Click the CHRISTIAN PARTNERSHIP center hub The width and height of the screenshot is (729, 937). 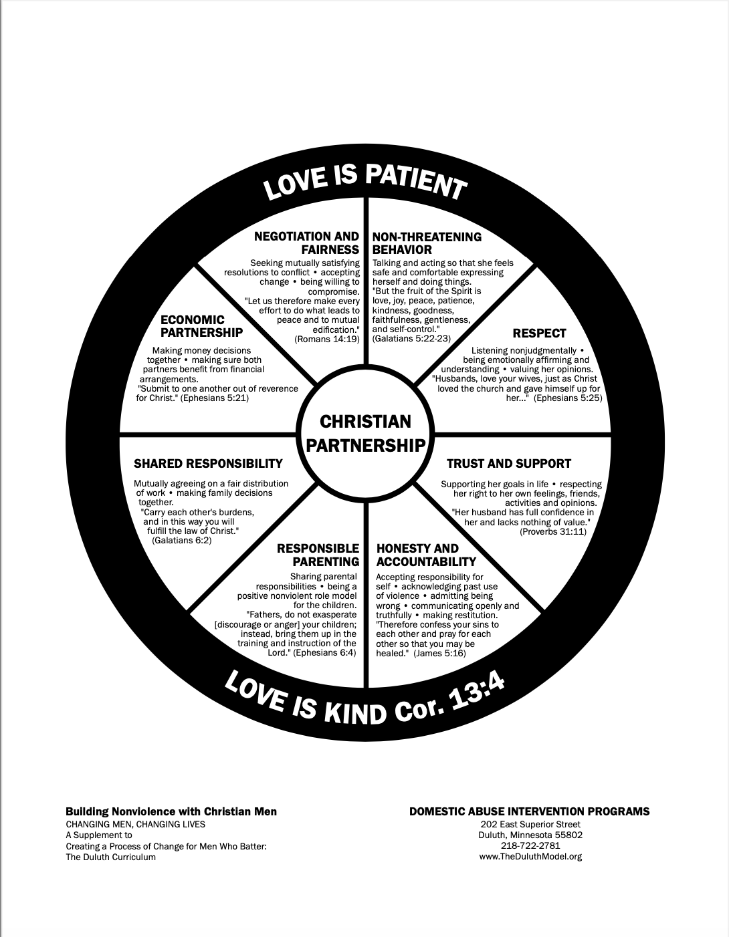tap(364, 433)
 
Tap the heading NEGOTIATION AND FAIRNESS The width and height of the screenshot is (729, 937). tap(306, 243)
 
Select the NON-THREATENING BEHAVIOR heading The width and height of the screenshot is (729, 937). tap(427, 243)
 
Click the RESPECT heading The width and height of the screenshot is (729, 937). tap(539, 333)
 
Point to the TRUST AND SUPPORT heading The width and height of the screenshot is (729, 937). tap(508, 463)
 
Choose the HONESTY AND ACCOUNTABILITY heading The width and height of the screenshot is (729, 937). tap(426, 555)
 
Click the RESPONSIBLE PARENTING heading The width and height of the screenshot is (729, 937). tap(318, 555)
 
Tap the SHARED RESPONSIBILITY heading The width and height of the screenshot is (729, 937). tap(208, 463)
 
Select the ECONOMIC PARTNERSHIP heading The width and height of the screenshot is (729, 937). tap(201, 326)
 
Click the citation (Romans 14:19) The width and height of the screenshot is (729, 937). tap(327, 339)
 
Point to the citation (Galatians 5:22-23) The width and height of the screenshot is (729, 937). tap(411, 339)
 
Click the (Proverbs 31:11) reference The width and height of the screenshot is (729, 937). tap(552, 531)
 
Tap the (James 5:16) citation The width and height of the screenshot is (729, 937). tap(439, 653)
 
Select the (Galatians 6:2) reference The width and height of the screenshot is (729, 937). tap(182, 540)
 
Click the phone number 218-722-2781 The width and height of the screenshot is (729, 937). tap(530, 845)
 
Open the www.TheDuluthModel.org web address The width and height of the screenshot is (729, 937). tap(530, 856)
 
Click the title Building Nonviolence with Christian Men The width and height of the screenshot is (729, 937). tap(171, 811)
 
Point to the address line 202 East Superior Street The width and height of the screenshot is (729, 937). tap(530, 824)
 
